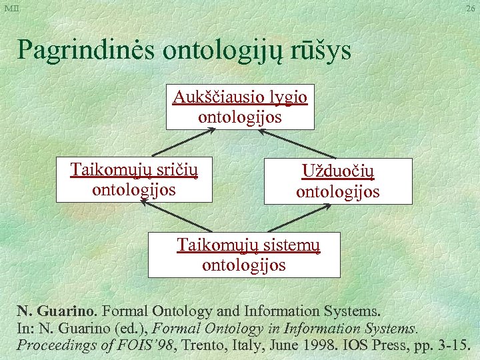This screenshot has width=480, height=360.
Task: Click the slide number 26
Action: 471,8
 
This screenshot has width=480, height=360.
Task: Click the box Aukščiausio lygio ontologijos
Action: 240,107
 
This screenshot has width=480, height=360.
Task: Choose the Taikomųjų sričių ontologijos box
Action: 134,179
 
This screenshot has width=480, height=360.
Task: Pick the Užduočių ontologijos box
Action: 338,181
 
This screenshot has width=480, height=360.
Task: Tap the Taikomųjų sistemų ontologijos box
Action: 244,255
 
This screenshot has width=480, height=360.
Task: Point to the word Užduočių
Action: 338,171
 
